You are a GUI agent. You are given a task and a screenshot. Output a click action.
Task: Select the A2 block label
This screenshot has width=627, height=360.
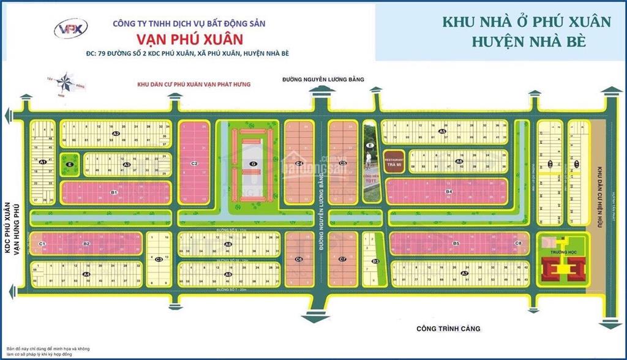(115, 133)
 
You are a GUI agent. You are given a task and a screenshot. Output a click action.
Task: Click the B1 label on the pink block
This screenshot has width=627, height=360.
(114, 192)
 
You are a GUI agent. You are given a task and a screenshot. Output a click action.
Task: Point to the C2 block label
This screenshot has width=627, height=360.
(193, 163)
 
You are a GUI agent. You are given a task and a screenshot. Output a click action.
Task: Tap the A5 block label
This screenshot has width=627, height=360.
(443, 132)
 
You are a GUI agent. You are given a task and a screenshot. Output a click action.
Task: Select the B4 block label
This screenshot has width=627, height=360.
(448, 192)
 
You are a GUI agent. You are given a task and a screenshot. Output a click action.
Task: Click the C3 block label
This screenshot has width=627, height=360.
(159, 260)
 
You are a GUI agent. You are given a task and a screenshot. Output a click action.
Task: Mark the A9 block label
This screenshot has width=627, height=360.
(228, 274)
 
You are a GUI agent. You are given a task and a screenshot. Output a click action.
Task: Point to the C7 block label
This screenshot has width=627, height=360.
(342, 260)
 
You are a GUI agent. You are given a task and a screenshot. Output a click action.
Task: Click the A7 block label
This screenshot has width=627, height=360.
(464, 273)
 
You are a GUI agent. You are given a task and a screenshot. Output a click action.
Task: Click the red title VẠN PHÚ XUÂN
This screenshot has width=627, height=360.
(189, 39)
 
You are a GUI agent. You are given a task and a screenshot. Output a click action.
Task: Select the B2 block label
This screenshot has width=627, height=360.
(87, 244)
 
